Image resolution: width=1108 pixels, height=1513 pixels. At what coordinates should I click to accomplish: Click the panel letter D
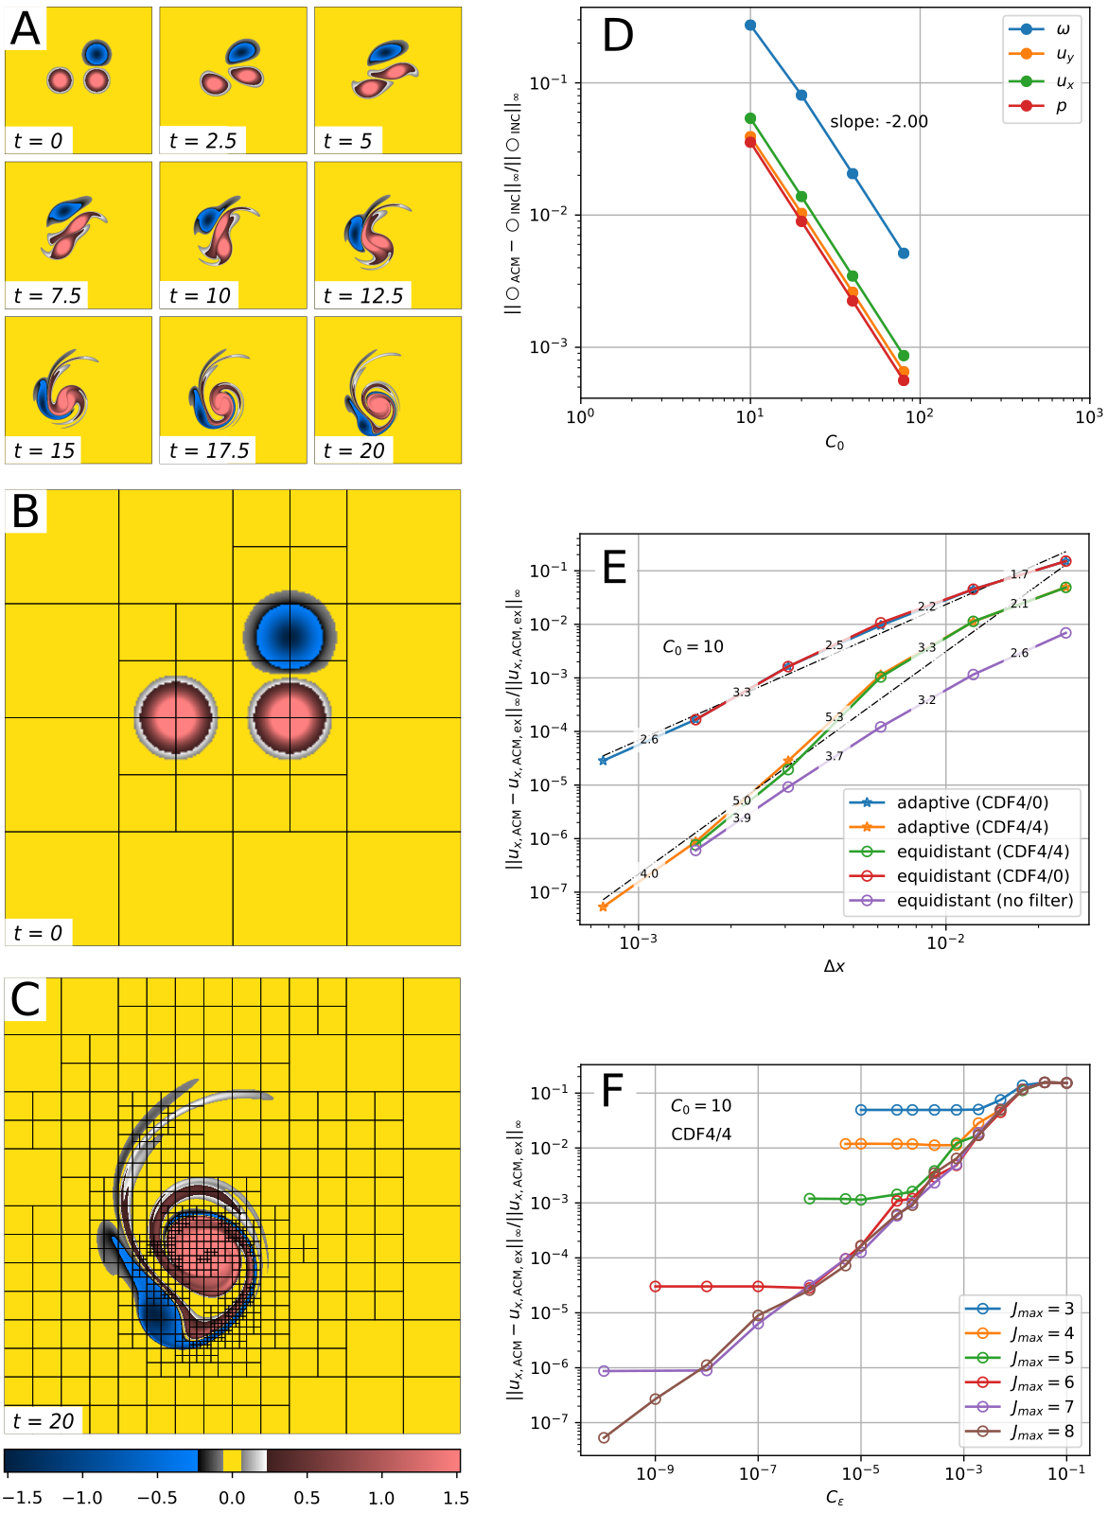click(x=618, y=36)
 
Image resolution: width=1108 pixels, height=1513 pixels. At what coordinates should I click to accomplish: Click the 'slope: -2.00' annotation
click(x=878, y=122)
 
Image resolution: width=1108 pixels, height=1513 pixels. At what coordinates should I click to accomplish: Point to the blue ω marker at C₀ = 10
click(x=750, y=26)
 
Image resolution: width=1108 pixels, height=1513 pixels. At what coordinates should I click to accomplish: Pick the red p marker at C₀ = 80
click(x=904, y=380)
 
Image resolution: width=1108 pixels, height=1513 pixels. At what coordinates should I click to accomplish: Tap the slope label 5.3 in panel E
click(x=834, y=717)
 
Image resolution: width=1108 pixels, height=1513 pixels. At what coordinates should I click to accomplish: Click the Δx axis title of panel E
click(x=834, y=966)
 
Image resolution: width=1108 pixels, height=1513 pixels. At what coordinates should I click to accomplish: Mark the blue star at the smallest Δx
click(x=604, y=761)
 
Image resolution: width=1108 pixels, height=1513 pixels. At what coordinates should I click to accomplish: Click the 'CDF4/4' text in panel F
click(x=701, y=1134)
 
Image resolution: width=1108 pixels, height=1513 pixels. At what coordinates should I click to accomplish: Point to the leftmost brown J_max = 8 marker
click(x=604, y=1437)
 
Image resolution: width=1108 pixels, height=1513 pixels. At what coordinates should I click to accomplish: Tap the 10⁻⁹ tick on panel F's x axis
click(x=655, y=1472)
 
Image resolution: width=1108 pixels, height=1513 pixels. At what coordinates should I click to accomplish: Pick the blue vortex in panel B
click(x=290, y=631)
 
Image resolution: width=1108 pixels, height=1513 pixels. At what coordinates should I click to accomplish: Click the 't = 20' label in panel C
click(x=44, y=1421)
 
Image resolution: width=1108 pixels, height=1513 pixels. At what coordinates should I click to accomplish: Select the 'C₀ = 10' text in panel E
click(x=693, y=647)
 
